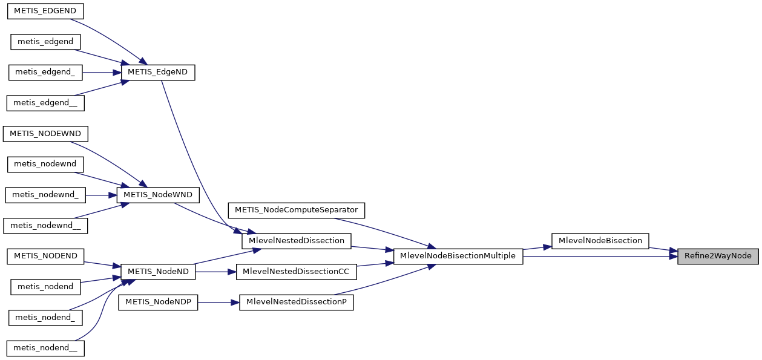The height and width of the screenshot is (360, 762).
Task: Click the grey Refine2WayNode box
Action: click(717, 256)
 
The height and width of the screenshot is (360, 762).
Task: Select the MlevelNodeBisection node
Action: click(600, 241)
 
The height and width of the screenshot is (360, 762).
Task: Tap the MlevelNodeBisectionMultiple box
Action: click(458, 256)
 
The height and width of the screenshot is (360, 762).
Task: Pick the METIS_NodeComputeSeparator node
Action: click(296, 210)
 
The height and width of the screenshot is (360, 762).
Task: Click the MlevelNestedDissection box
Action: click(296, 241)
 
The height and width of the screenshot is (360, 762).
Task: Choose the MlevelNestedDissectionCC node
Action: click(296, 272)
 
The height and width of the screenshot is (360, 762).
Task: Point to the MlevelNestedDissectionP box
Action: click(296, 303)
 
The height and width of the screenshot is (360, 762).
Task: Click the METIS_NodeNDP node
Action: click(158, 303)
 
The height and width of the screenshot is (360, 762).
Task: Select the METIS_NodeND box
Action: click(158, 272)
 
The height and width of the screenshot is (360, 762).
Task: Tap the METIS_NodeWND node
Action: click(158, 195)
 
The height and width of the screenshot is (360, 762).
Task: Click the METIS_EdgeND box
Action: click(158, 72)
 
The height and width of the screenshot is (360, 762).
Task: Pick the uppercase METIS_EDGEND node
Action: click(44, 11)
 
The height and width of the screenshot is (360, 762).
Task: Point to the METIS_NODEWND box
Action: click(45, 133)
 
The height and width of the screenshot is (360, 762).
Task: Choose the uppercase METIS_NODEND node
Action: click(46, 256)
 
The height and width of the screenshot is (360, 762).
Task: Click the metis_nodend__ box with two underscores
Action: click(45, 348)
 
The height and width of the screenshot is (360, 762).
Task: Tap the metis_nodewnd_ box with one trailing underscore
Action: click(45, 195)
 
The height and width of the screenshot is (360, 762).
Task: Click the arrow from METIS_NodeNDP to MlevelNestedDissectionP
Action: click(218, 303)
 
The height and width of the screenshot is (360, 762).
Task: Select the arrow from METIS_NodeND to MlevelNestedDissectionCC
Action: click(215, 272)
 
